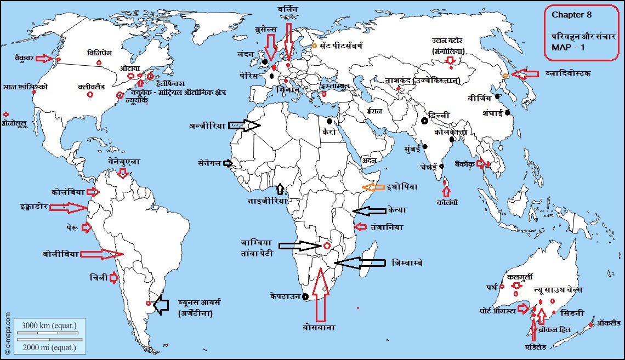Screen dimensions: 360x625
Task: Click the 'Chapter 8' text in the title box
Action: coord(572,15)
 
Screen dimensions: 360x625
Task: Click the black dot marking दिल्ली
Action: coord(424,121)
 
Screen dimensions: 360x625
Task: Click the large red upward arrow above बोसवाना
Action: coord(321,293)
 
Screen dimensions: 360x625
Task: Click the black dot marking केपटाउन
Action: coord(304,297)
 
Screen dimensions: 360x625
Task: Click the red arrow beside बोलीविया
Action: coord(103,254)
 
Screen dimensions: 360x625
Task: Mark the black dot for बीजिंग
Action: coord(497,96)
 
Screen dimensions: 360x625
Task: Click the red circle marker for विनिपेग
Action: coord(99,63)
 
